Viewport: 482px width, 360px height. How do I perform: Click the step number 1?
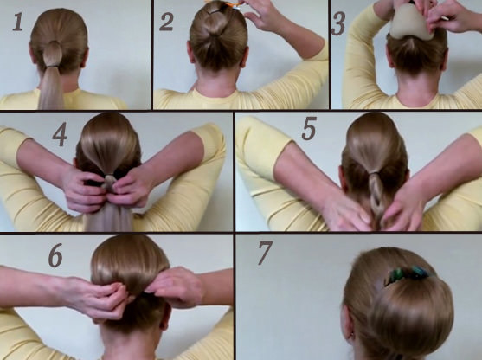tap(17, 22)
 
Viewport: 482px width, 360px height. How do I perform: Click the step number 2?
tap(166, 22)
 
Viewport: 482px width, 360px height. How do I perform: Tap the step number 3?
tap(338, 23)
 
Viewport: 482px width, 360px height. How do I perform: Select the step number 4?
tap(60, 134)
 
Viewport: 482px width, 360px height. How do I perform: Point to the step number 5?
tap(309, 128)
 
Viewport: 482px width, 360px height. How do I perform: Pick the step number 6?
tap(55, 255)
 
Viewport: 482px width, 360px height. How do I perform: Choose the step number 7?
tap(265, 253)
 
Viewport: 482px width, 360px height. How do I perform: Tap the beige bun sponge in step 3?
tap(411, 22)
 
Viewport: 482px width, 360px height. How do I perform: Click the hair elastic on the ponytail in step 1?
tap(52, 66)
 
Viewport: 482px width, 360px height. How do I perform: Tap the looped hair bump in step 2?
tap(217, 22)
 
